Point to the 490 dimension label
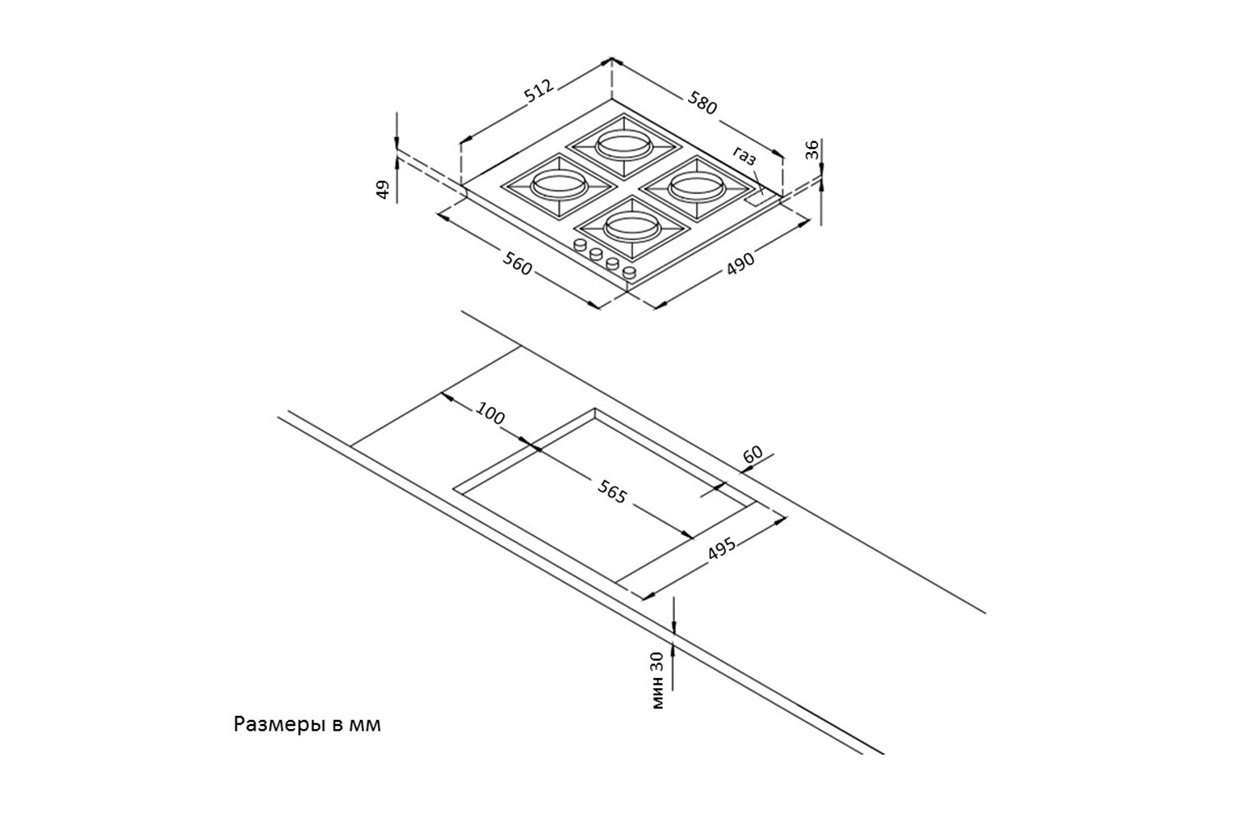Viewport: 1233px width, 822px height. pos(740,264)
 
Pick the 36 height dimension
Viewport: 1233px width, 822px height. pos(811,150)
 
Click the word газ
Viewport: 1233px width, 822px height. pos(745,156)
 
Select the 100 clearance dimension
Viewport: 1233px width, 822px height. pos(489,415)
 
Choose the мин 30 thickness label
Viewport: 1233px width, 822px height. pos(656,678)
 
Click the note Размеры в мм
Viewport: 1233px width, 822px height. pos(307,725)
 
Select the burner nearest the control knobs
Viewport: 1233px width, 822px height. pos(628,223)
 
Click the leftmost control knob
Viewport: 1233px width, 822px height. pos(579,246)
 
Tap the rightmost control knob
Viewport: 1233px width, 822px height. pos(629,271)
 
